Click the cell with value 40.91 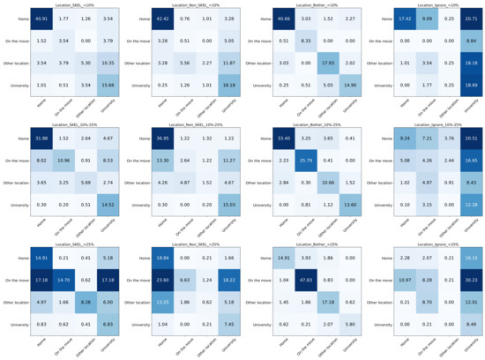pyautogui.click(x=41, y=19)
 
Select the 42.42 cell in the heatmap pyautogui.click(x=160, y=19)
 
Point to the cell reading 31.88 pyautogui.click(x=41, y=139)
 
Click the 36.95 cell pyautogui.click(x=160, y=139)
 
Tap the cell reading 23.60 pyautogui.click(x=160, y=280)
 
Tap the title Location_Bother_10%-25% pyautogui.click(x=313, y=124)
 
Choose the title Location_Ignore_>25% pyautogui.click(x=433, y=244)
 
